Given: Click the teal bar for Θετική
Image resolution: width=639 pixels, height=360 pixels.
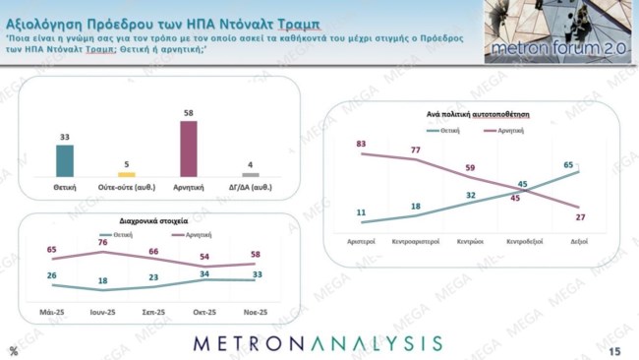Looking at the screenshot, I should (x=64, y=160).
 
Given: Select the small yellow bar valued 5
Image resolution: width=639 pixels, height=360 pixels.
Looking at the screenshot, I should (x=126, y=174).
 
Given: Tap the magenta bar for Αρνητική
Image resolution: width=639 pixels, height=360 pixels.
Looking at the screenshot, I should (x=188, y=149).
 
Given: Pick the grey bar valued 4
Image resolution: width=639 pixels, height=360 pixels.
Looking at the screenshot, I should (x=251, y=174).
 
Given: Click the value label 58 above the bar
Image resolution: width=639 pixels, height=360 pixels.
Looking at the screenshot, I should (x=188, y=113).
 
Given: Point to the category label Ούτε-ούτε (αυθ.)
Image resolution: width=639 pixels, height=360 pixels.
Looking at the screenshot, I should (x=126, y=186).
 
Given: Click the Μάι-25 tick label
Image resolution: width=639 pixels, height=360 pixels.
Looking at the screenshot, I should (x=52, y=312).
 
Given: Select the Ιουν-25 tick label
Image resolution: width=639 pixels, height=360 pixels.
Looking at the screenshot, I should (x=105, y=312).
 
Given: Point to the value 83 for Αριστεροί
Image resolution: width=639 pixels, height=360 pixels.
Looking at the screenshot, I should (x=362, y=144).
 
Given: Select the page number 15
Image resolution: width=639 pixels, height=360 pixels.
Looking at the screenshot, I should (x=615, y=351).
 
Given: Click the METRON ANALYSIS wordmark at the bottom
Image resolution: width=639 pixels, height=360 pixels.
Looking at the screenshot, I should (x=318, y=343).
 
